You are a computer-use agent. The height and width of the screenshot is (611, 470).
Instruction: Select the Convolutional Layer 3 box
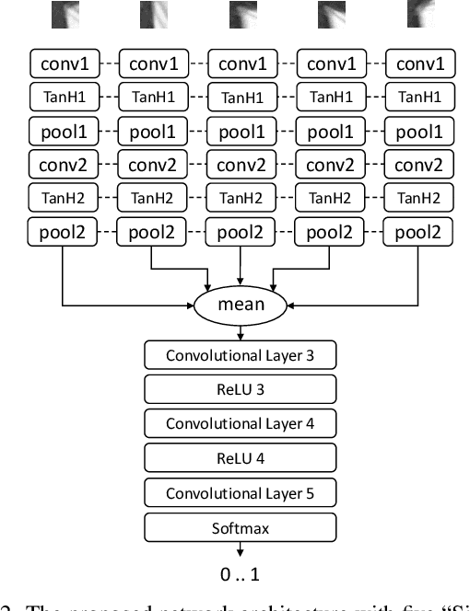coord(240,354)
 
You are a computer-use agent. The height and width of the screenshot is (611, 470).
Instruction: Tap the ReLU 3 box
coord(240,389)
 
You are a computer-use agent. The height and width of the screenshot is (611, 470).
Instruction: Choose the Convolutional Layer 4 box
coord(240,423)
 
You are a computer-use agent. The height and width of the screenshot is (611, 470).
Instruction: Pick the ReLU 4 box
coord(240,458)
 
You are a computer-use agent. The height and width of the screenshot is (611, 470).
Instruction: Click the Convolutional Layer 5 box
coord(240,493)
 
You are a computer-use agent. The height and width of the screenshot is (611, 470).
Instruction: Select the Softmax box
coord(240,528)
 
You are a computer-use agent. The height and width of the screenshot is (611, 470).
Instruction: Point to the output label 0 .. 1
coord(240,575)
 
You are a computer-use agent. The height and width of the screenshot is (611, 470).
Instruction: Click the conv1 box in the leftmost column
coord(64,63)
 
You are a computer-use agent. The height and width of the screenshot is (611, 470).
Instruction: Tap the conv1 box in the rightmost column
coord(419,63)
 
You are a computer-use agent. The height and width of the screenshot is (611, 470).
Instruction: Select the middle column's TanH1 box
coord(241,97)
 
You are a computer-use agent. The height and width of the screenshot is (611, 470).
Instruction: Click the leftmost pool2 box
coord(64,231)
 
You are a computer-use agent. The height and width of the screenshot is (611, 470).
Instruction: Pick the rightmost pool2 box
coord(419,231)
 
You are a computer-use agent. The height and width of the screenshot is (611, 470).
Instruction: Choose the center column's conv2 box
coord(241,166)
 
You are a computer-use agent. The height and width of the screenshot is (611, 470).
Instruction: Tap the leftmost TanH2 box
coord(64,198)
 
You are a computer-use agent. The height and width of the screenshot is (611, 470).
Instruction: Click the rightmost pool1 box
coord(419,131)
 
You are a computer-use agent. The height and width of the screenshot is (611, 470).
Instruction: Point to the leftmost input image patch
coord(65,14)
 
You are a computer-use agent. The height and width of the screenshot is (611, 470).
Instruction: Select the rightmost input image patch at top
coord(419,14)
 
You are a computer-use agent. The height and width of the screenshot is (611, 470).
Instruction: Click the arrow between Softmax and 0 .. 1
coord(240,550)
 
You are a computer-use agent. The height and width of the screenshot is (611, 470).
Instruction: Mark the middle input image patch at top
coord(241,14)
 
